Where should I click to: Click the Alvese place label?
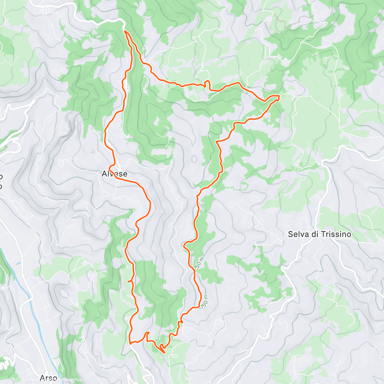click(114, 174)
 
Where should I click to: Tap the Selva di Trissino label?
click(319, 234)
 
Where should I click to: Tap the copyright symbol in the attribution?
click(18, 380)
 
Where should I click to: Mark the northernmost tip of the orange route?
click(125, 31)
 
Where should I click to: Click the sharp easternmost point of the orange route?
click(279, 96)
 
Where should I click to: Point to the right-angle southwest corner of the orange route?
click(130, 342)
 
